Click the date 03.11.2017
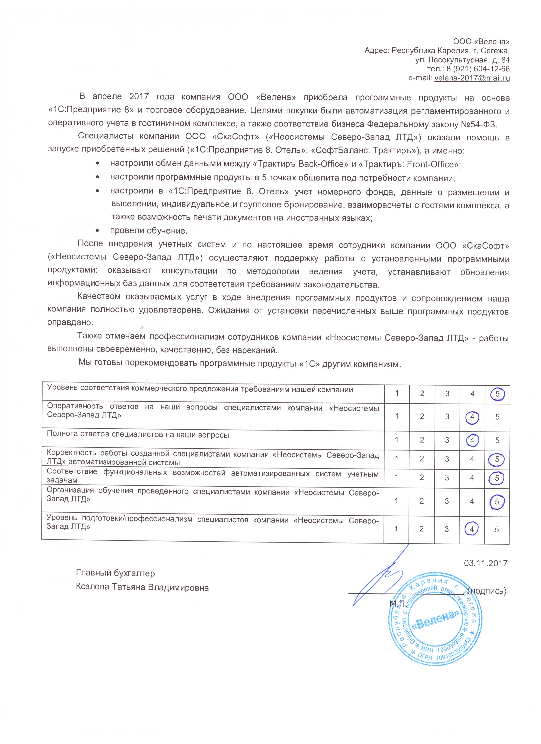[485, 563]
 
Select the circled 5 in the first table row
[497, 394]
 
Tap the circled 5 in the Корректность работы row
[497, 459]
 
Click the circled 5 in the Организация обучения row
[497, 502]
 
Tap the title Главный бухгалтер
[116, 573]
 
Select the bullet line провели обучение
[149, 231]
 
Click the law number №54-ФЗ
[480, 124]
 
